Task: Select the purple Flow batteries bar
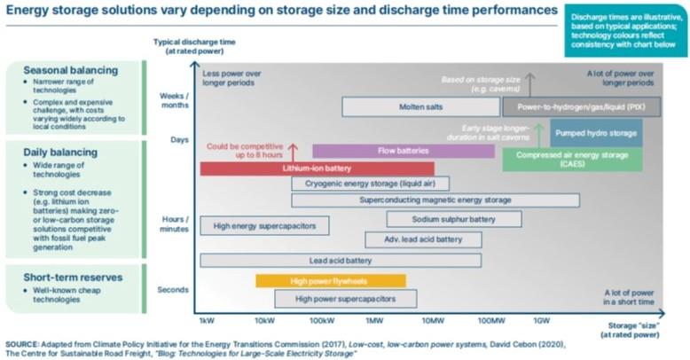pos(404,151)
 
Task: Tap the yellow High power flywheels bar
pos(330,281)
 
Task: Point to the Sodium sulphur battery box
pos(453,219)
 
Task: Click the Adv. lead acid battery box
pos(423,239)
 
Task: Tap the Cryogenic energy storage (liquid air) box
pos(370,184)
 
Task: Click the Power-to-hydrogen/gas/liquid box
pos(579,107)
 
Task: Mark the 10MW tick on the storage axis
pos(433,320)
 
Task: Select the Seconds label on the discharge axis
pos(172,290)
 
